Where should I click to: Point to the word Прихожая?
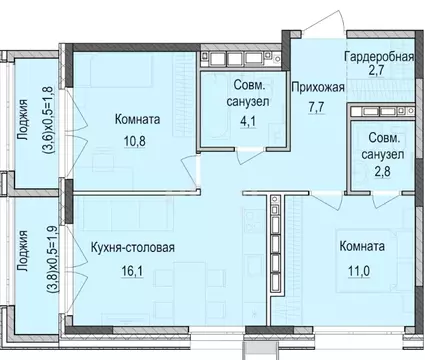tap(317, 86)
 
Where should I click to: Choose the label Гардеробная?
tap(378, 57)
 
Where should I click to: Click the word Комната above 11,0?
tap(361, 245)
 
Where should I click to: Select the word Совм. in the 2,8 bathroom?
tap(383, 139)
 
